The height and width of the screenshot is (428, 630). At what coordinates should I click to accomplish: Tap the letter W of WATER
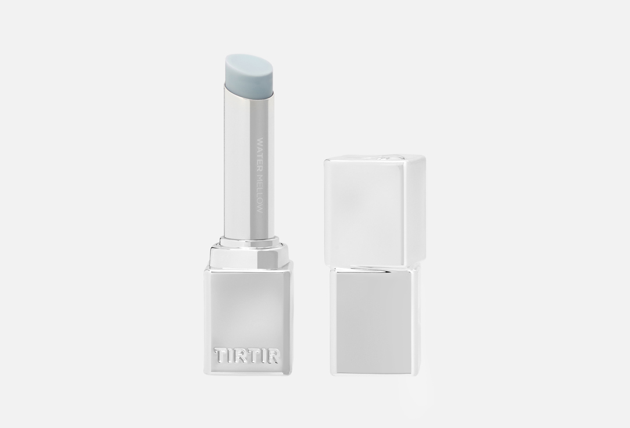coord(259,141)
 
